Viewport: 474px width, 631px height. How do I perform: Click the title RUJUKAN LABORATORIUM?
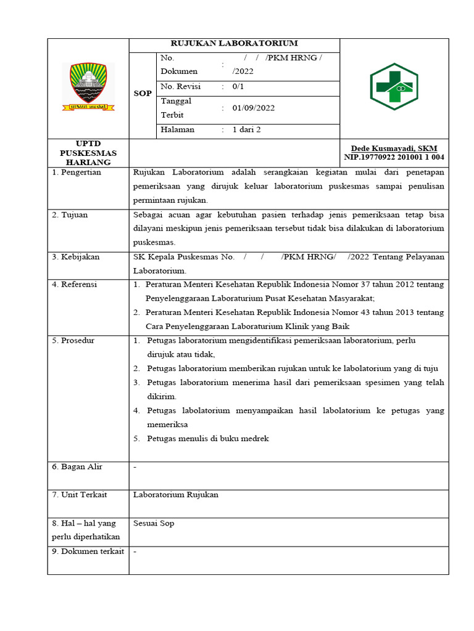point(234,43)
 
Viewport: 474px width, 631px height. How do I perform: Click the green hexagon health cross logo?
point(394,87)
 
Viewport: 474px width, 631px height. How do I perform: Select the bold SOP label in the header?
point(143,94)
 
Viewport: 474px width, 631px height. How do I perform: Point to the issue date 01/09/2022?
point(253,108)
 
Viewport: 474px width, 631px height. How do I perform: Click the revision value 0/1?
point(238,87)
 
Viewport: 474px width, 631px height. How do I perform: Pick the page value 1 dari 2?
point(246,130)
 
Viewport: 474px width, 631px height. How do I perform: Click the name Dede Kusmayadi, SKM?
point(394,149)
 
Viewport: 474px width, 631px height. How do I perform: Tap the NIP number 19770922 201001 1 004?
point(394,158)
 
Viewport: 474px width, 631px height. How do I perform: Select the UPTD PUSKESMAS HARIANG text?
point(88,153)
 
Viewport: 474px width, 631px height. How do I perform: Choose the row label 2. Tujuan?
point(70,215)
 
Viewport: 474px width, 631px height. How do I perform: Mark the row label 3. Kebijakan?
point(76,257)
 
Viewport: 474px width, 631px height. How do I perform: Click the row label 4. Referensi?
point(75,285)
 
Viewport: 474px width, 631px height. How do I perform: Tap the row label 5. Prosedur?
point(73,340)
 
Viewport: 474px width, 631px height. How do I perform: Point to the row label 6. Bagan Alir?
point(77,467)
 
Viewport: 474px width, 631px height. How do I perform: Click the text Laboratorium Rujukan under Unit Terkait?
point(176,495)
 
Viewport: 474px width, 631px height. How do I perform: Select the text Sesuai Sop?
point(154,523)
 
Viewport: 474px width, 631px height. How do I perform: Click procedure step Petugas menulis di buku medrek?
point(208,439)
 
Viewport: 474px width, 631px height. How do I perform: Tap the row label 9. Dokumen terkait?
point(88,552)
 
